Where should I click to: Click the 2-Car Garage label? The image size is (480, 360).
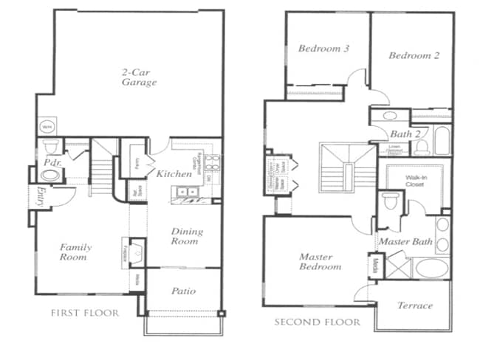click(139, 77)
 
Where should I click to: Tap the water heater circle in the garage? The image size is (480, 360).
click(47, 126)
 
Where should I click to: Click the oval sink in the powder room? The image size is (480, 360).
click(50, 176)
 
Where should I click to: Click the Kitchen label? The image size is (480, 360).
click(174, 174)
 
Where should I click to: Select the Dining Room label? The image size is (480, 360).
click(187, 236)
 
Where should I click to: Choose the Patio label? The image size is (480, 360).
click(183, 291)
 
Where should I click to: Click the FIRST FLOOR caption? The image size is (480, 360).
click(85, 314)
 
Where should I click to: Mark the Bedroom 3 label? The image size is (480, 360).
click(323, 49)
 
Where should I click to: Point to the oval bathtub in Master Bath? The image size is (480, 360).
click(432, 267)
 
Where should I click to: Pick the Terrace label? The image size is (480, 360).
click(414, 305)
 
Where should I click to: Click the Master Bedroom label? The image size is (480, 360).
click(320, 262)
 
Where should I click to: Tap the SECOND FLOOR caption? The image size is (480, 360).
click(318, 322)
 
